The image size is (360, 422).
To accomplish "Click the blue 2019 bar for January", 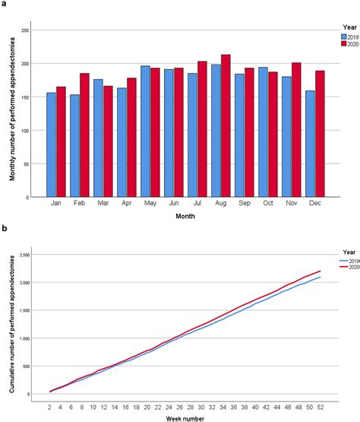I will point(50,144).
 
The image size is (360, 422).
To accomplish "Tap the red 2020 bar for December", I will point(321,134).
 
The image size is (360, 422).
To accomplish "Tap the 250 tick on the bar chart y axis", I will point(25,30).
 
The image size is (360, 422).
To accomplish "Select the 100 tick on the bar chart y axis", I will point(25,131).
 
